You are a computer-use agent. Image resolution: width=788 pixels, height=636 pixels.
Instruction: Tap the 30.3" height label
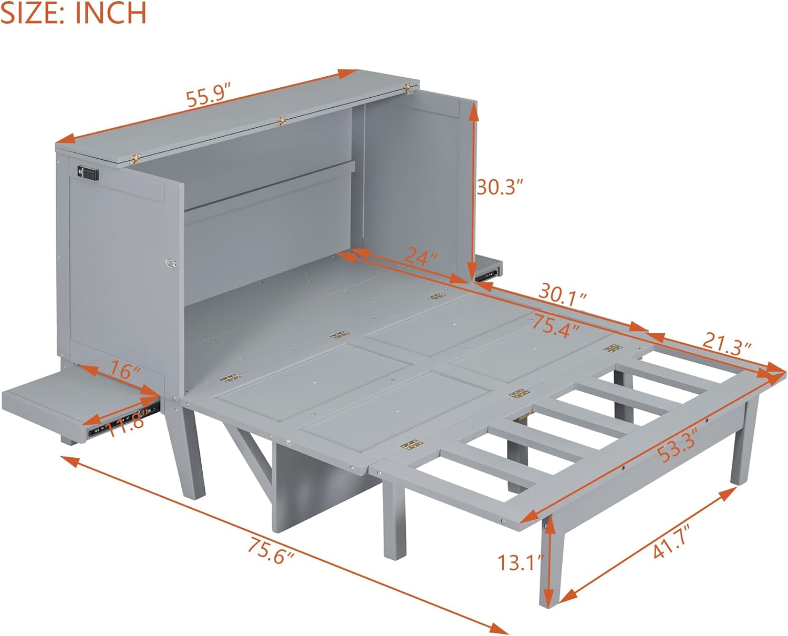point(500,187)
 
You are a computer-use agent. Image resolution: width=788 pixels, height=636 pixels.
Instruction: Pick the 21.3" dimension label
point(727,345)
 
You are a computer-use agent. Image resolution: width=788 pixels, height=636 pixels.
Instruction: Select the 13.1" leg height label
point(520,563)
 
